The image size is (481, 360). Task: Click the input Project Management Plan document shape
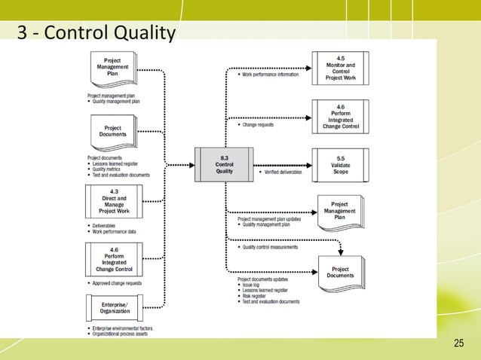coord(112,70)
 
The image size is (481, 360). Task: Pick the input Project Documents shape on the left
coord(112,133)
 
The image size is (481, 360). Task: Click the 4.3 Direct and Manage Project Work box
coord(113,203)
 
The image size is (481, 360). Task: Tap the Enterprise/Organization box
coord(113,308)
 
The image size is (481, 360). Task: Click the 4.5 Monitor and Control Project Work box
coord(341,67)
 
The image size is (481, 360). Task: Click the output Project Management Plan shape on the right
coord(340,212)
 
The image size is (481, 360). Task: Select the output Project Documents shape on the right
coord(340,272)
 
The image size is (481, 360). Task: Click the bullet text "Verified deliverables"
coord(284,172)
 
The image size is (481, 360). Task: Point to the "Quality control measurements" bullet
coord(268,246)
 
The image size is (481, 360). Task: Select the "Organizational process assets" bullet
coord(120,334)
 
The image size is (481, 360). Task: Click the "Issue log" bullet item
coord(252,287)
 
